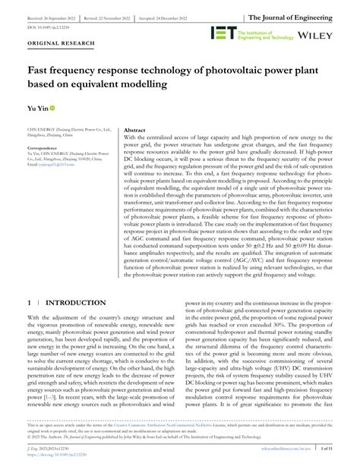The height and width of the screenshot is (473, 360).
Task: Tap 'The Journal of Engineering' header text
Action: (305, 16)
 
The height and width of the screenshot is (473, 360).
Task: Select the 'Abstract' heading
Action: (134, 131)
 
